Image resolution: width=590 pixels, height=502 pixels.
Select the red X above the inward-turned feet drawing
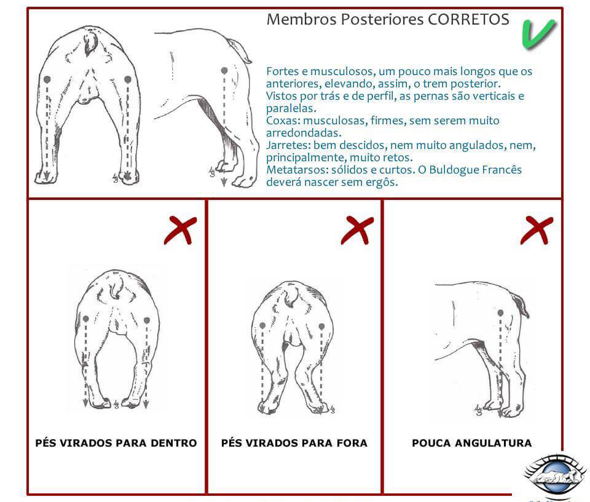(179, 230)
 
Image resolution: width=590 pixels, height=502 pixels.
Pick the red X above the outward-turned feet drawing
(357, 230)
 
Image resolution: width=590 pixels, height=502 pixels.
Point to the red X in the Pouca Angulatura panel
(536, 230)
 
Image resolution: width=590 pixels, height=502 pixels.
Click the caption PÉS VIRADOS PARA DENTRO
(116, 443)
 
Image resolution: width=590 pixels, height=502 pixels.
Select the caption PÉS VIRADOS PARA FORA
(294, 443)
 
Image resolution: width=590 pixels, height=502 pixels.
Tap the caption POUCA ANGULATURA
(471, 443)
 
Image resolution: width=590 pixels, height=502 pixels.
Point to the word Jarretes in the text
(287, 146)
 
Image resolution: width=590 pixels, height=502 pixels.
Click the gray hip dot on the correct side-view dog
(224, 71)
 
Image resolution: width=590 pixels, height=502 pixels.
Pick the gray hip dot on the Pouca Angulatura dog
(500, 313)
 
